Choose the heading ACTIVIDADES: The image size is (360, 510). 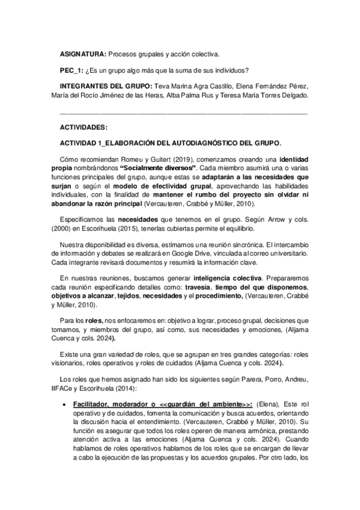[84, 127]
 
